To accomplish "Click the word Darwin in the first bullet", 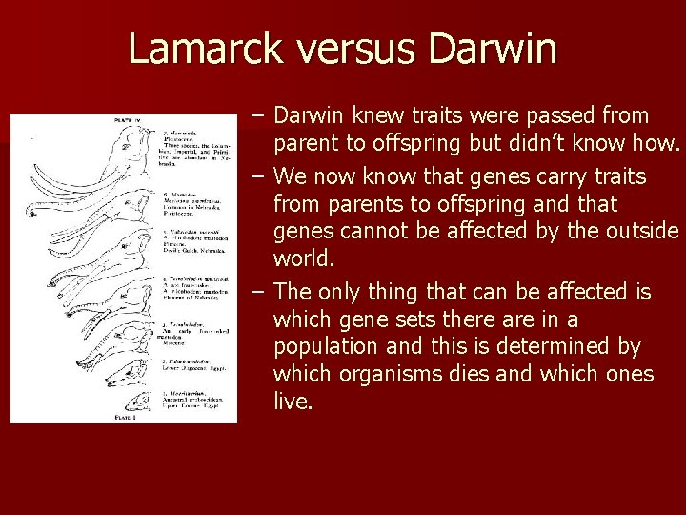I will click(x=310, y=116).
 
